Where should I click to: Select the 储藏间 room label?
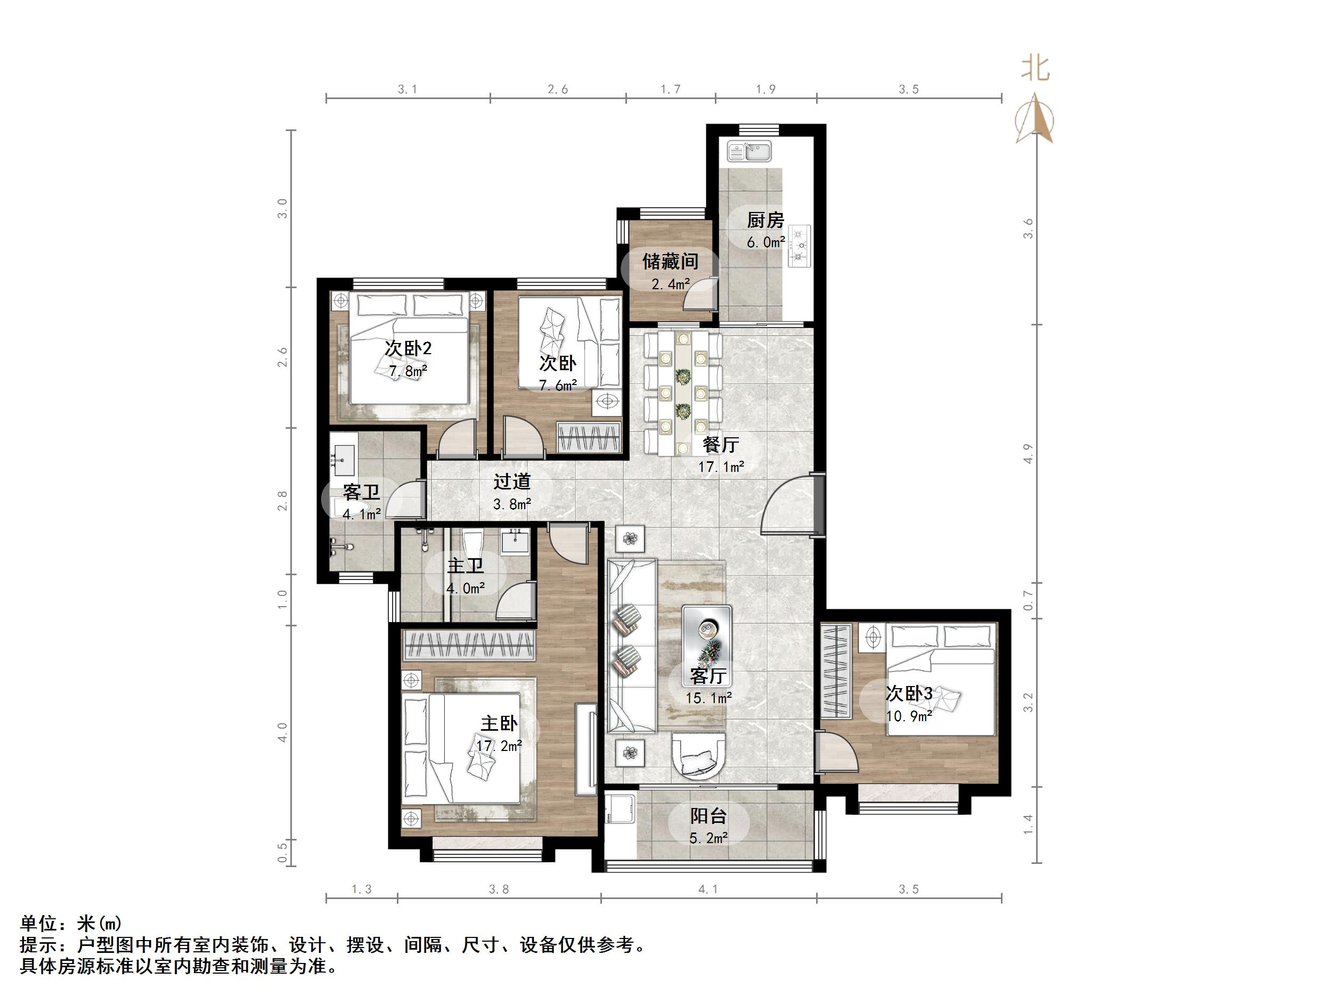click(670, 262)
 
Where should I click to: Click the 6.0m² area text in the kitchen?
click(766, 242)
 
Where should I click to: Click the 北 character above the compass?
click(1036, 68)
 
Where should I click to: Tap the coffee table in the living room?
click(707, 638)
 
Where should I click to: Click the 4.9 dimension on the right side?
click(1029, 454)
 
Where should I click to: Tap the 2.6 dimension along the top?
click(558, 89)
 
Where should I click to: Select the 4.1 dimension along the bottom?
click(708, 889)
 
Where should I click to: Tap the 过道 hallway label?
click(512, 481)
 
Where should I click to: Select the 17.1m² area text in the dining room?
click(721, 467)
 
